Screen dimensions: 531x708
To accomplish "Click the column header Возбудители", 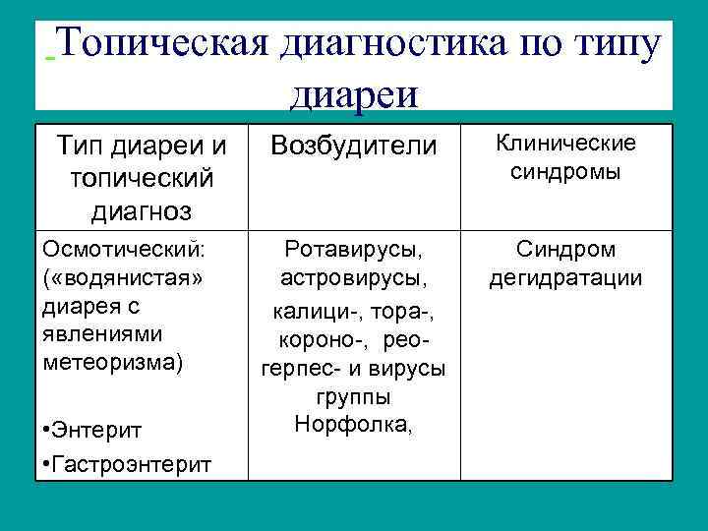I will click(x=353, y=147).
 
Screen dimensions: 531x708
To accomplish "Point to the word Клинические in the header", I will click(x=564, y=144).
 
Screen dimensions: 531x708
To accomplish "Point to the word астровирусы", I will click(x=353, y=278).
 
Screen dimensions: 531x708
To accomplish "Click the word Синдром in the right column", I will click(x=564, y=250).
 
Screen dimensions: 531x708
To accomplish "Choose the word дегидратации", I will click(x=564, y=278).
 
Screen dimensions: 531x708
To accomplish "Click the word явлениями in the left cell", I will click(x=93, y=332).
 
